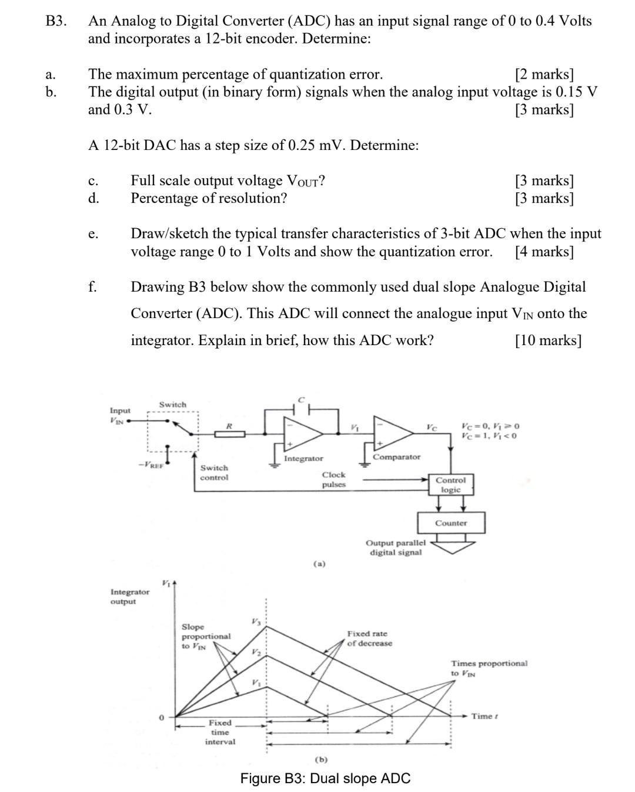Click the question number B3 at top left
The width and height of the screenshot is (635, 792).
(x=56, y=21)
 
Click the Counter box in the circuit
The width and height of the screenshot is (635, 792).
(x=451, y=523)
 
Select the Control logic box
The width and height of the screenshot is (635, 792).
(x=450, y=485)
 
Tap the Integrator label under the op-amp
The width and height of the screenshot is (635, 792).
(x=303, y=459)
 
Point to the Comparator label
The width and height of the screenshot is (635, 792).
(x=397, y=457)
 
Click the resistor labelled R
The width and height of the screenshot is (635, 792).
(x=229, y=434)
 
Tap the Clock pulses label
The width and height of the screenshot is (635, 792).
(x=333, y=480)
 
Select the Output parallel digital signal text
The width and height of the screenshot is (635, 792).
(x=395, y=547)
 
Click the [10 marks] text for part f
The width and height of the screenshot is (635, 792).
(x=548, y=340)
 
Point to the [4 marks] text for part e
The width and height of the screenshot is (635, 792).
(x=544, y=252)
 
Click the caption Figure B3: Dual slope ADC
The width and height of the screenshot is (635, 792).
(x=325, y=778)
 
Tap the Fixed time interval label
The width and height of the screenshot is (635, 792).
(x=220, y=732)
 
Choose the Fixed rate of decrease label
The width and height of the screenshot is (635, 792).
(x=369, y=639)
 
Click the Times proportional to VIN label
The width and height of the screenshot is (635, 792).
(x=489, y=668)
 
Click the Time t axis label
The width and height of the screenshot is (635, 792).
(x=485, y=716)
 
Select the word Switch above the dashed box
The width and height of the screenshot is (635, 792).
(x=172, y=405)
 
